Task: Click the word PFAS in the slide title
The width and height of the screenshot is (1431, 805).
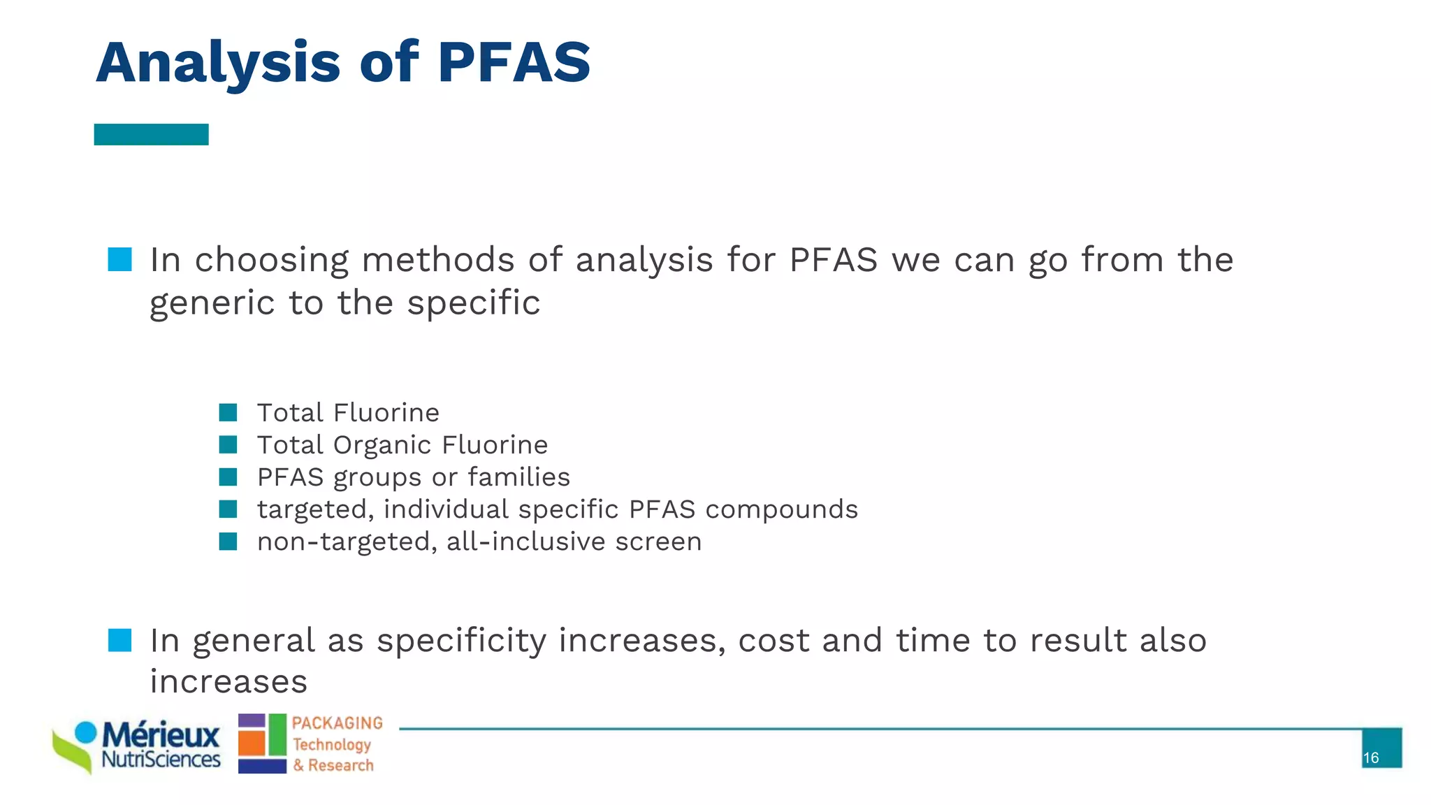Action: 514,62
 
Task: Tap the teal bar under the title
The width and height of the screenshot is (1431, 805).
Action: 151,134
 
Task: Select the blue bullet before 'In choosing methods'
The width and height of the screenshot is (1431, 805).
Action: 119,259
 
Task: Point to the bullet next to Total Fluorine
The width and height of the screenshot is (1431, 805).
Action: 228,412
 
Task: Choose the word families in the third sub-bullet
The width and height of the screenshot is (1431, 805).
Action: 518,477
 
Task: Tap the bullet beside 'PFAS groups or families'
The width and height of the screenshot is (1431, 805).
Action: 228,477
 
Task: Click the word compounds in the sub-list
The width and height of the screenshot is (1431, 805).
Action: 781,509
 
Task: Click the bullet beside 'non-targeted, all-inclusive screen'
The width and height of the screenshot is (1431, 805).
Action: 228,542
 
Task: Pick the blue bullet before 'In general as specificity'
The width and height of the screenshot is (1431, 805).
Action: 119,640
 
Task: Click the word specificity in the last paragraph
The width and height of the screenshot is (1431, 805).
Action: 461,641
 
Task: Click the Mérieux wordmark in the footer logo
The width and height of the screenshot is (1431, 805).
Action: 161,735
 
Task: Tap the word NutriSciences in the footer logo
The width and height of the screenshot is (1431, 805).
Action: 161,759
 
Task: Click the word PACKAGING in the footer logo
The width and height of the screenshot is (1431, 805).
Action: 337,723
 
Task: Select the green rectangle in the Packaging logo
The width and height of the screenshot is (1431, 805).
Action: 277,734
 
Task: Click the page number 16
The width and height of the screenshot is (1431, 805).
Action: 1371,758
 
